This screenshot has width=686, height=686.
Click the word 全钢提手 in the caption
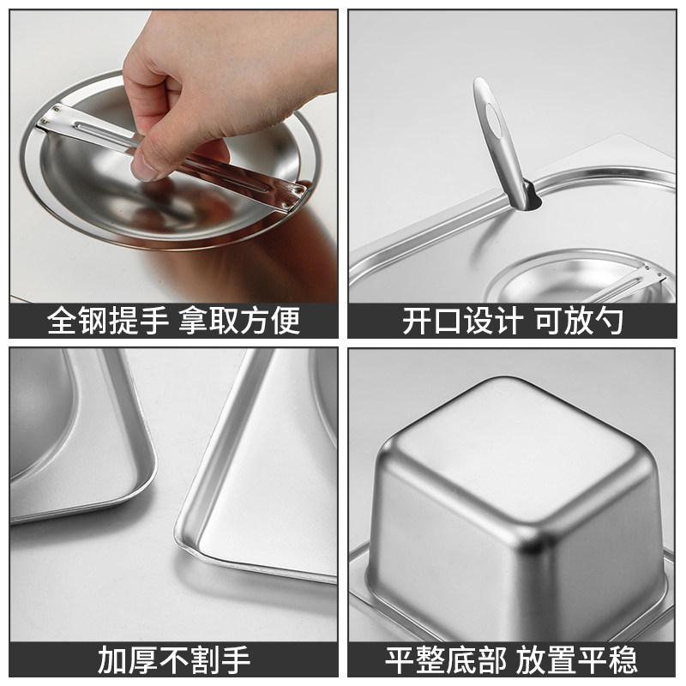click(108, 321)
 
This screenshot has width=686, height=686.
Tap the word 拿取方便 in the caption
click(239, 321)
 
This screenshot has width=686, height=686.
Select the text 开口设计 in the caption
click(462, 321)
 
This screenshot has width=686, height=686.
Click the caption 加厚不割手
click(174, 659)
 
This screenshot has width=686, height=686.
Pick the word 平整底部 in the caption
click(445, 659)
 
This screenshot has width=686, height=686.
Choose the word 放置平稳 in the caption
click(576, 659)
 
